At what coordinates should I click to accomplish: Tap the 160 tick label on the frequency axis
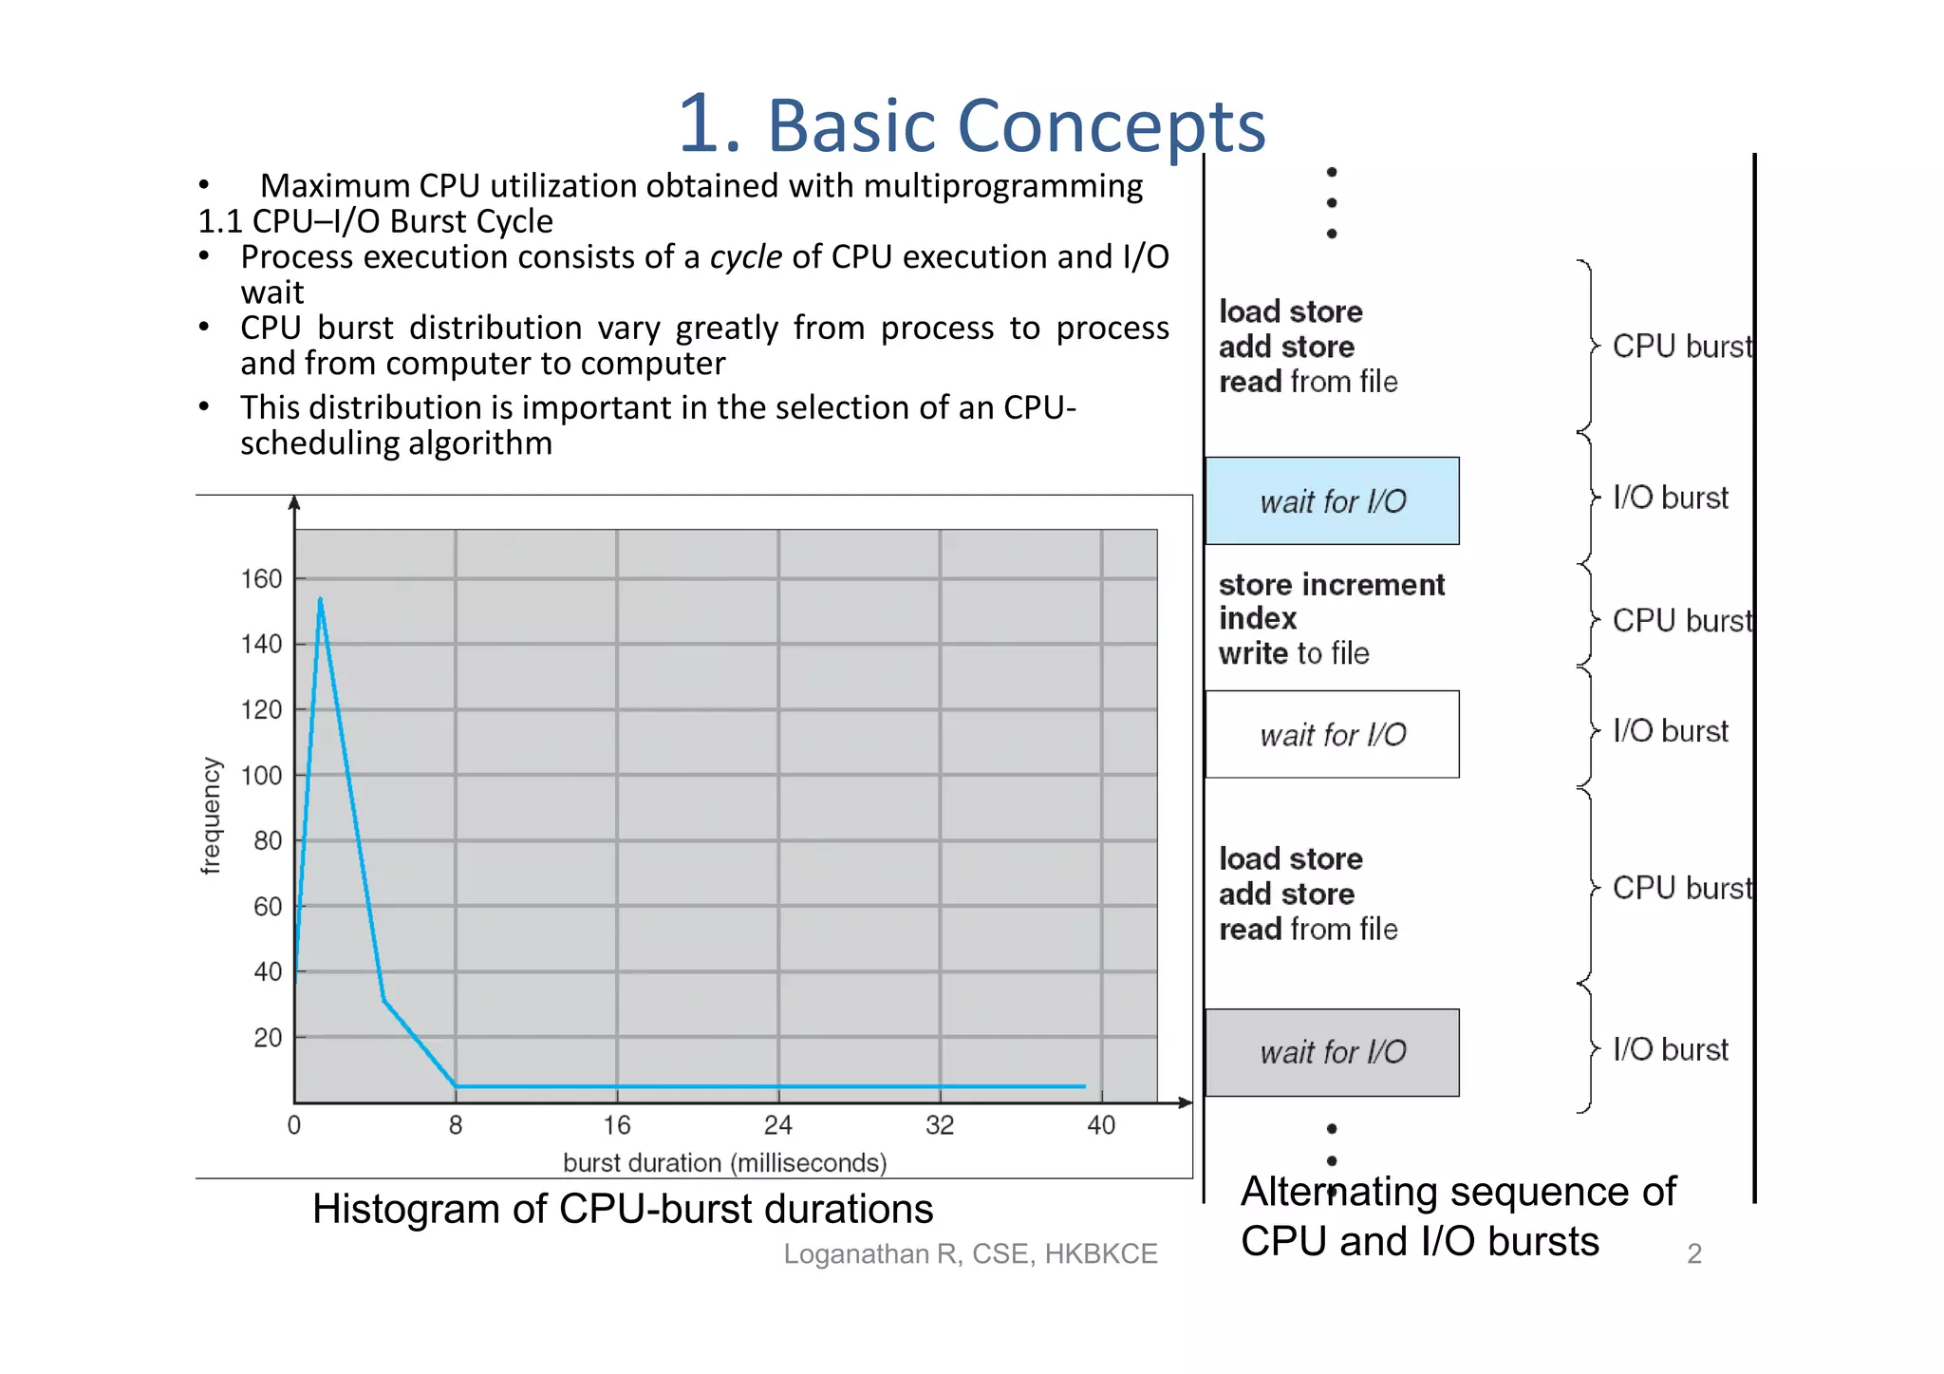[x=261, y=579]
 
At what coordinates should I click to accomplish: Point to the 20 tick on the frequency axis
[x=268, y=1038]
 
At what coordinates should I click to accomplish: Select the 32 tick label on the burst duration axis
[x=940, y=1125]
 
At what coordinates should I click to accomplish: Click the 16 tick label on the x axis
[x=617, y=1125]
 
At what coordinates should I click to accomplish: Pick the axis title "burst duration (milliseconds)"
[x=724, y=1163]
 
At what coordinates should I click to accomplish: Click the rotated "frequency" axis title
[x=211, y=815]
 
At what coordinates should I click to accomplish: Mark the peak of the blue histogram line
[x=321, y=599]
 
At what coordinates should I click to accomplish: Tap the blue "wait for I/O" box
[x=1332, y=501]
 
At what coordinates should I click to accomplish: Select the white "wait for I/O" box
[x=1332, y=735]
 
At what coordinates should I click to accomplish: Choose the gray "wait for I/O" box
[x=1332, y=1052]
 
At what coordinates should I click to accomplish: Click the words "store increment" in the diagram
[x=1331, y=585]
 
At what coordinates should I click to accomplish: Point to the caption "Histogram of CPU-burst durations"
[x=623, y=1210]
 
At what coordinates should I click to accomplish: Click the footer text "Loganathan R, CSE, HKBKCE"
[x=970, y=1254]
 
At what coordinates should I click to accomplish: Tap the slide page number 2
[x=1694, y=1254]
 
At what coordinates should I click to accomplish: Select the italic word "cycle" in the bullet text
[x=746, y=257]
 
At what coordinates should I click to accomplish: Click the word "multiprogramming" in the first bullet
[x=1002, y=186]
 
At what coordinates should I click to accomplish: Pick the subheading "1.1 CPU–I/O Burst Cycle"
[x=375, y=221]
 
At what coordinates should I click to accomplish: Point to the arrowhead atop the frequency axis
[x=294, y=502]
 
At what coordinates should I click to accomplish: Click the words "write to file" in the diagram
[x=1294, y=654]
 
